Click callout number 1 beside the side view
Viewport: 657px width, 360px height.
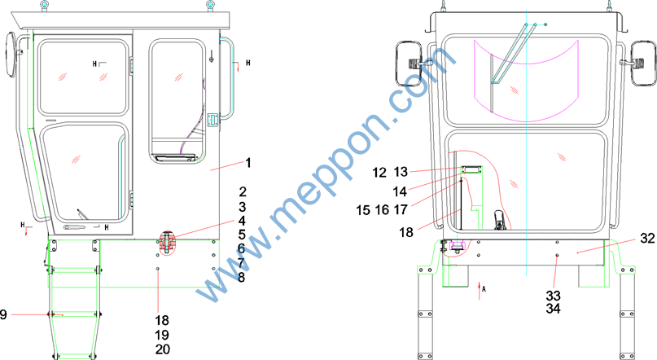click(248, 163)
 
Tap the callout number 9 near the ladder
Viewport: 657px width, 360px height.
click(3, 314)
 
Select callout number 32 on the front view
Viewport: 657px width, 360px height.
click(647, 238)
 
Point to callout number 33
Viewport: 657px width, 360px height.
click(553, 296)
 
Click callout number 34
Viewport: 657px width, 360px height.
click(553, 309)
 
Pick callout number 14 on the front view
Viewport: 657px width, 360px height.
click(401, 191)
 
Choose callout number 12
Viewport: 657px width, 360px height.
click(379, 172)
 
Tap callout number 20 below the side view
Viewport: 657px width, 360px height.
click(163, 349)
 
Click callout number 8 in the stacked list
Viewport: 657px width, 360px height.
click(241, 277)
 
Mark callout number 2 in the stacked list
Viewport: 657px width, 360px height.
click(243, 191)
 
